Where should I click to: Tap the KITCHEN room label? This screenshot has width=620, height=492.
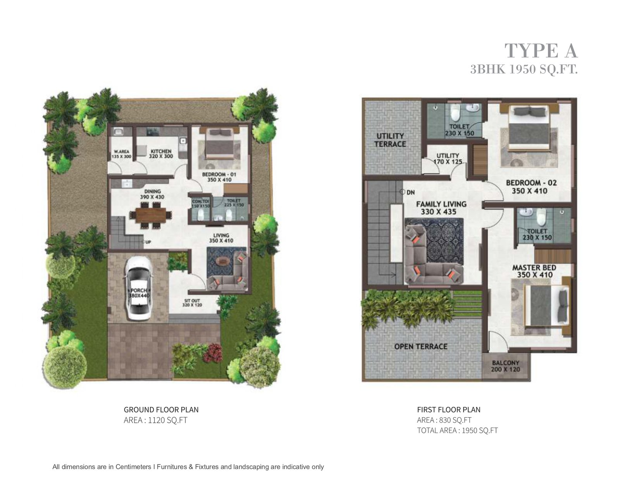(x=161, y=154)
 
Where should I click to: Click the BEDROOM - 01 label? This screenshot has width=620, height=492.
(x=219, y=177)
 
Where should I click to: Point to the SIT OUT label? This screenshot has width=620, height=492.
(x=192, y=303)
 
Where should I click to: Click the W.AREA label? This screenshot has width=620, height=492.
(x=121, y=154)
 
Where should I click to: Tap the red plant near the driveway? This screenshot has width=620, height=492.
(x=213, y=353)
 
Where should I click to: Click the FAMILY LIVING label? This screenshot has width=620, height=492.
(x=441, y=208)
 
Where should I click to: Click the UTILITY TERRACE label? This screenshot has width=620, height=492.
(x=390, y=140)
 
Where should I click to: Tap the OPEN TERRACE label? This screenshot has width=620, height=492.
(x=420, y=346)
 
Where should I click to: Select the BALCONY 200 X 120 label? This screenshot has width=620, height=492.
(x=505, y=366)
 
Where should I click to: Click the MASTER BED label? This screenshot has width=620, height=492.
(x=534, y=271)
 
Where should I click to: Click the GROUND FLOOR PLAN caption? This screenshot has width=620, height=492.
(x=161, y=409)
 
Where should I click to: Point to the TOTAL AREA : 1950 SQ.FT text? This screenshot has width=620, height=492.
(x=457, y=430)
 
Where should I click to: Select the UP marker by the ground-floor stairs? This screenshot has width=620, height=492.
(x=148, y=242)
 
